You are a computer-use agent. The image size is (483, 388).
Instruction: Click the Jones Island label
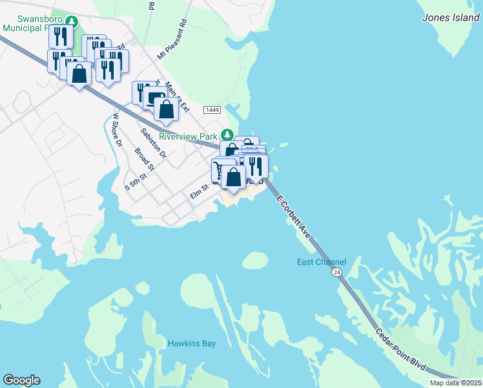coord(451,18)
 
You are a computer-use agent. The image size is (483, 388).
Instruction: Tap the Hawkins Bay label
coord(192,343)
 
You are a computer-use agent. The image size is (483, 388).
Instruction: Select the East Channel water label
coord(322,262)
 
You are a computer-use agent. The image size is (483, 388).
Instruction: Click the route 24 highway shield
coord(337,273)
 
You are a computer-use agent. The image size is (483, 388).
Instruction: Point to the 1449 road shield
coord(212,111)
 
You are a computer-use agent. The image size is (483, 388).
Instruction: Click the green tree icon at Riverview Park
coord(226,135)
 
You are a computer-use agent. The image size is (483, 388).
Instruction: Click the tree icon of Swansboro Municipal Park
coord(74,23)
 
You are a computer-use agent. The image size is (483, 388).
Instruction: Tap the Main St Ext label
coord(176,97)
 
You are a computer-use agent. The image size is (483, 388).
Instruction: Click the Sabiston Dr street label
coord(154,144)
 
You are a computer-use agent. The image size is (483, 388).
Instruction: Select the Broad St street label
coord(144,160)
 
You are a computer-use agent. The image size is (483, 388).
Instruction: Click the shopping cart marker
coord(220,171)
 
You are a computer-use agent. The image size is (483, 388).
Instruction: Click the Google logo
coord(21,380)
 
